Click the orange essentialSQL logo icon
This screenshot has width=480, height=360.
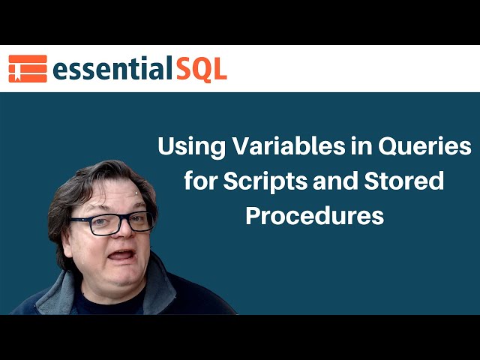(27, 68)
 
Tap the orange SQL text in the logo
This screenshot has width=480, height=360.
(200, 69)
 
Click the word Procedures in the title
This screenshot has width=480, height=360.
(315, 216)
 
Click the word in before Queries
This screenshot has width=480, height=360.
(351, 147)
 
